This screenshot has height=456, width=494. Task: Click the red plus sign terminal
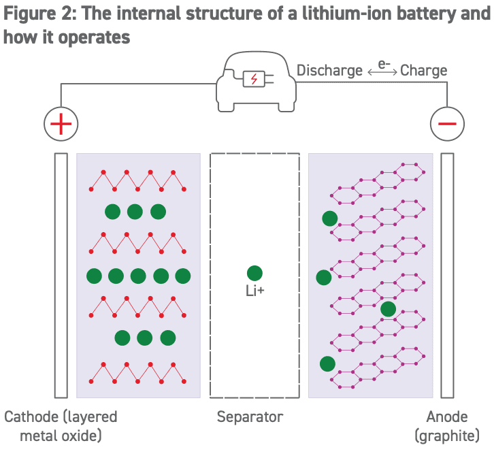[61, 124]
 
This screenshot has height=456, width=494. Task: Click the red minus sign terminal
[447, 124]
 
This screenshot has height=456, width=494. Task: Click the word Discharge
[329, 70]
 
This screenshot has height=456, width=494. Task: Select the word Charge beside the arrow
[423, 70]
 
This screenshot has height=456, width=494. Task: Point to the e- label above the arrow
[384, 63]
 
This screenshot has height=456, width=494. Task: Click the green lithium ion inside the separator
[254, 273]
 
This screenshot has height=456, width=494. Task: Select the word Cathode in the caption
[32, 417]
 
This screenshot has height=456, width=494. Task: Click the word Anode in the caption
[447, 417]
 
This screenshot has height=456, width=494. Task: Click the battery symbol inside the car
[254, 79]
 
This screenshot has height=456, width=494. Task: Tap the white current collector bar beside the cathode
[61, 276]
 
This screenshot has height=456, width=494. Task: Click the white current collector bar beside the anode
[447, 276]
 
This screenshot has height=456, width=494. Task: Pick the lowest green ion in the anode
[327, 363]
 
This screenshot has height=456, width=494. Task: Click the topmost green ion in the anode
[329, 218]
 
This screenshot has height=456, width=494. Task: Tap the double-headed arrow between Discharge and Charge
[382, 71]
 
